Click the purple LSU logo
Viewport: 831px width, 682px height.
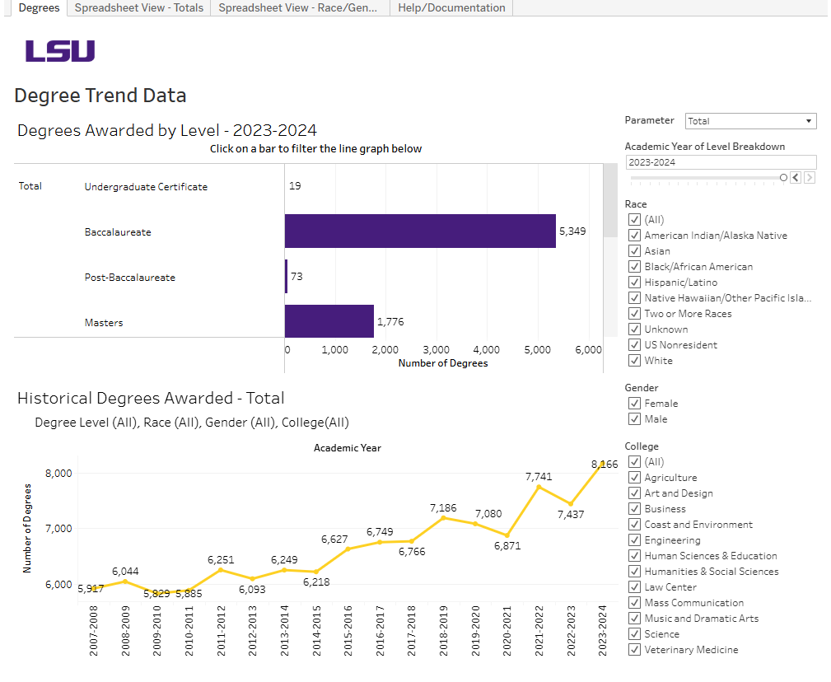click(59, 51)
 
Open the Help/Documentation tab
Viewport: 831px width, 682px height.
click(451, 7)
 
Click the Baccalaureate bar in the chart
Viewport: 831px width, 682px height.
click(420, 231)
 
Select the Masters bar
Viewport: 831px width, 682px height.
click(329, 321)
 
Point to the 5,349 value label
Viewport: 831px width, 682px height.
click(572, 231)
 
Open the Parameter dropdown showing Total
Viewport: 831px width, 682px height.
click(750, 121)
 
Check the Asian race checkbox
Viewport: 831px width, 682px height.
click(635, 251)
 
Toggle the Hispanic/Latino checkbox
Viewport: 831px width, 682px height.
click(635, 283)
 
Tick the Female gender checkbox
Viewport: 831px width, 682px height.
click(635, 404)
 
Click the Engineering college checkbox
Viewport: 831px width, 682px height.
click(635, 540)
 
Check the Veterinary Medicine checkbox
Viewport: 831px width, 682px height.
click(635, 650)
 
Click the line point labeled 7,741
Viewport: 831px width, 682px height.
click(539, 487)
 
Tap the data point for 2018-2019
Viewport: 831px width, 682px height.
click(443, 517)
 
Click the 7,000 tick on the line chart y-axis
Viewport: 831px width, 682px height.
click(58, 528)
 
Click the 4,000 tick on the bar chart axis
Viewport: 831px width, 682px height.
click(487, 349)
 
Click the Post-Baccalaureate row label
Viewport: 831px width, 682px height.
click(129, 278)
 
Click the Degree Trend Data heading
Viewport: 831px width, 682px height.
click(100, 96)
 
